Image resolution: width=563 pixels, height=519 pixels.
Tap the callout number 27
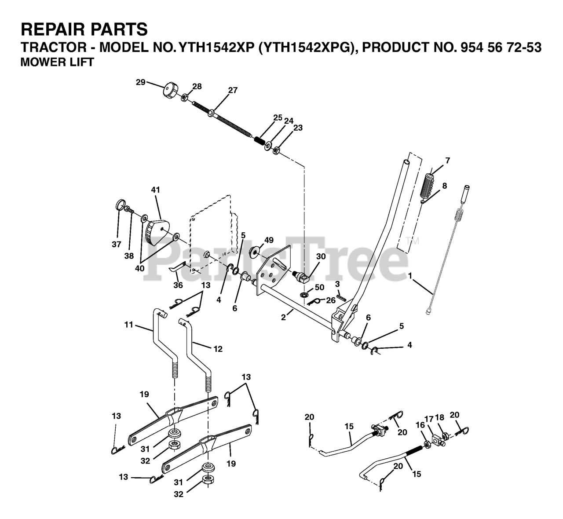click(233, 90)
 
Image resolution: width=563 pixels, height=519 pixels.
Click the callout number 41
click(155, 190)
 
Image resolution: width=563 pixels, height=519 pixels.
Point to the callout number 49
click(269, 240)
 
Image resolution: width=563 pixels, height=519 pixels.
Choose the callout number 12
click(218, 349)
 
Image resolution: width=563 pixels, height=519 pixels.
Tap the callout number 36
click(178, 285)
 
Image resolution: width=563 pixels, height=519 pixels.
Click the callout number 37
click(116, 245)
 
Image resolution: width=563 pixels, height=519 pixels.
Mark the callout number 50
click(319, 287)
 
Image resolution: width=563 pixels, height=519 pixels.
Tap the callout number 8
click(444, 186)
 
